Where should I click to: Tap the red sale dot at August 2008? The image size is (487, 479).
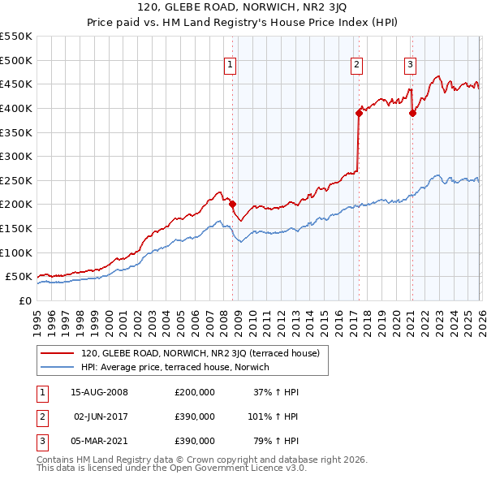pyautogui.click(x=232, y=205)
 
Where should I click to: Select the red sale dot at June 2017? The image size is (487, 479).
pyautogui.click(x=358, y=113)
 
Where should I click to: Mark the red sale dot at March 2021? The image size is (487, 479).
pyautogui.click(x=412, y=113)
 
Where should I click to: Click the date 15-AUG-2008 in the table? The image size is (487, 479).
pyautogui.click(x=99, y=392)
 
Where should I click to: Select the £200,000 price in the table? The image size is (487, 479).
pyautogui.click(x=194, y=392)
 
